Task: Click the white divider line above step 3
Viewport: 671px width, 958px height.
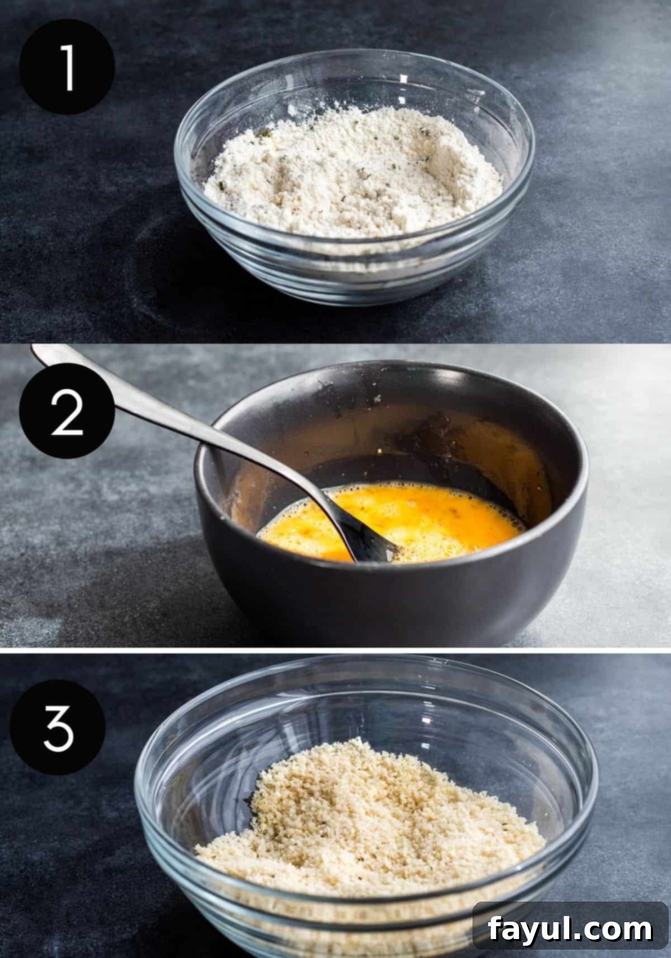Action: point(335,651)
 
